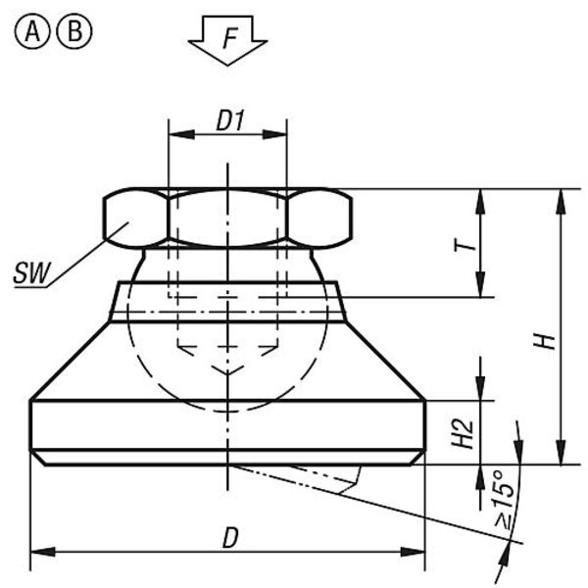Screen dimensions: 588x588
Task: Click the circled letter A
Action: [x=32, y=32]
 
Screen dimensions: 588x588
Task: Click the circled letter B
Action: [x=74, y=32]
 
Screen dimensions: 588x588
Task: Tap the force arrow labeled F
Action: [x=227, y=40]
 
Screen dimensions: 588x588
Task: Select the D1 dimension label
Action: [x=230, y=122]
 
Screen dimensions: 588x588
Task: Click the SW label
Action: [x=31, y=273]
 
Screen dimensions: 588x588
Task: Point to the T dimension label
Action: [x=465, y=246]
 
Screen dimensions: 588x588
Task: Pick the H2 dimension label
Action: [x=463, y=434]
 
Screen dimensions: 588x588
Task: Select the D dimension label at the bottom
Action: [x=230, y=538]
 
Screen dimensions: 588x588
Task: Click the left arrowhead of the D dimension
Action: [x=42, y=552]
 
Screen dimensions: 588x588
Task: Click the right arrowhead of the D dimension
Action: [x=413, y=552]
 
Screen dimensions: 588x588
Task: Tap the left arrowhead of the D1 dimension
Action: [x=181, y=134]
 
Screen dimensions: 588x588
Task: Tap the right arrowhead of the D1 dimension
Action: [x=274, y=134]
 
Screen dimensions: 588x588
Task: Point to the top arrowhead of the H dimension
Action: [x=561, y=202]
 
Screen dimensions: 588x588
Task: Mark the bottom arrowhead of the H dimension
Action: [x=561, y=452]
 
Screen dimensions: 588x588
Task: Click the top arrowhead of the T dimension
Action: [x=480, y=202]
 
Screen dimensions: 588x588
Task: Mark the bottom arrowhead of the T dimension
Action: [x=480, y=285]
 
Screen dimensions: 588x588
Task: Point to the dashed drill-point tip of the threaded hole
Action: [x=227, y=373]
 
